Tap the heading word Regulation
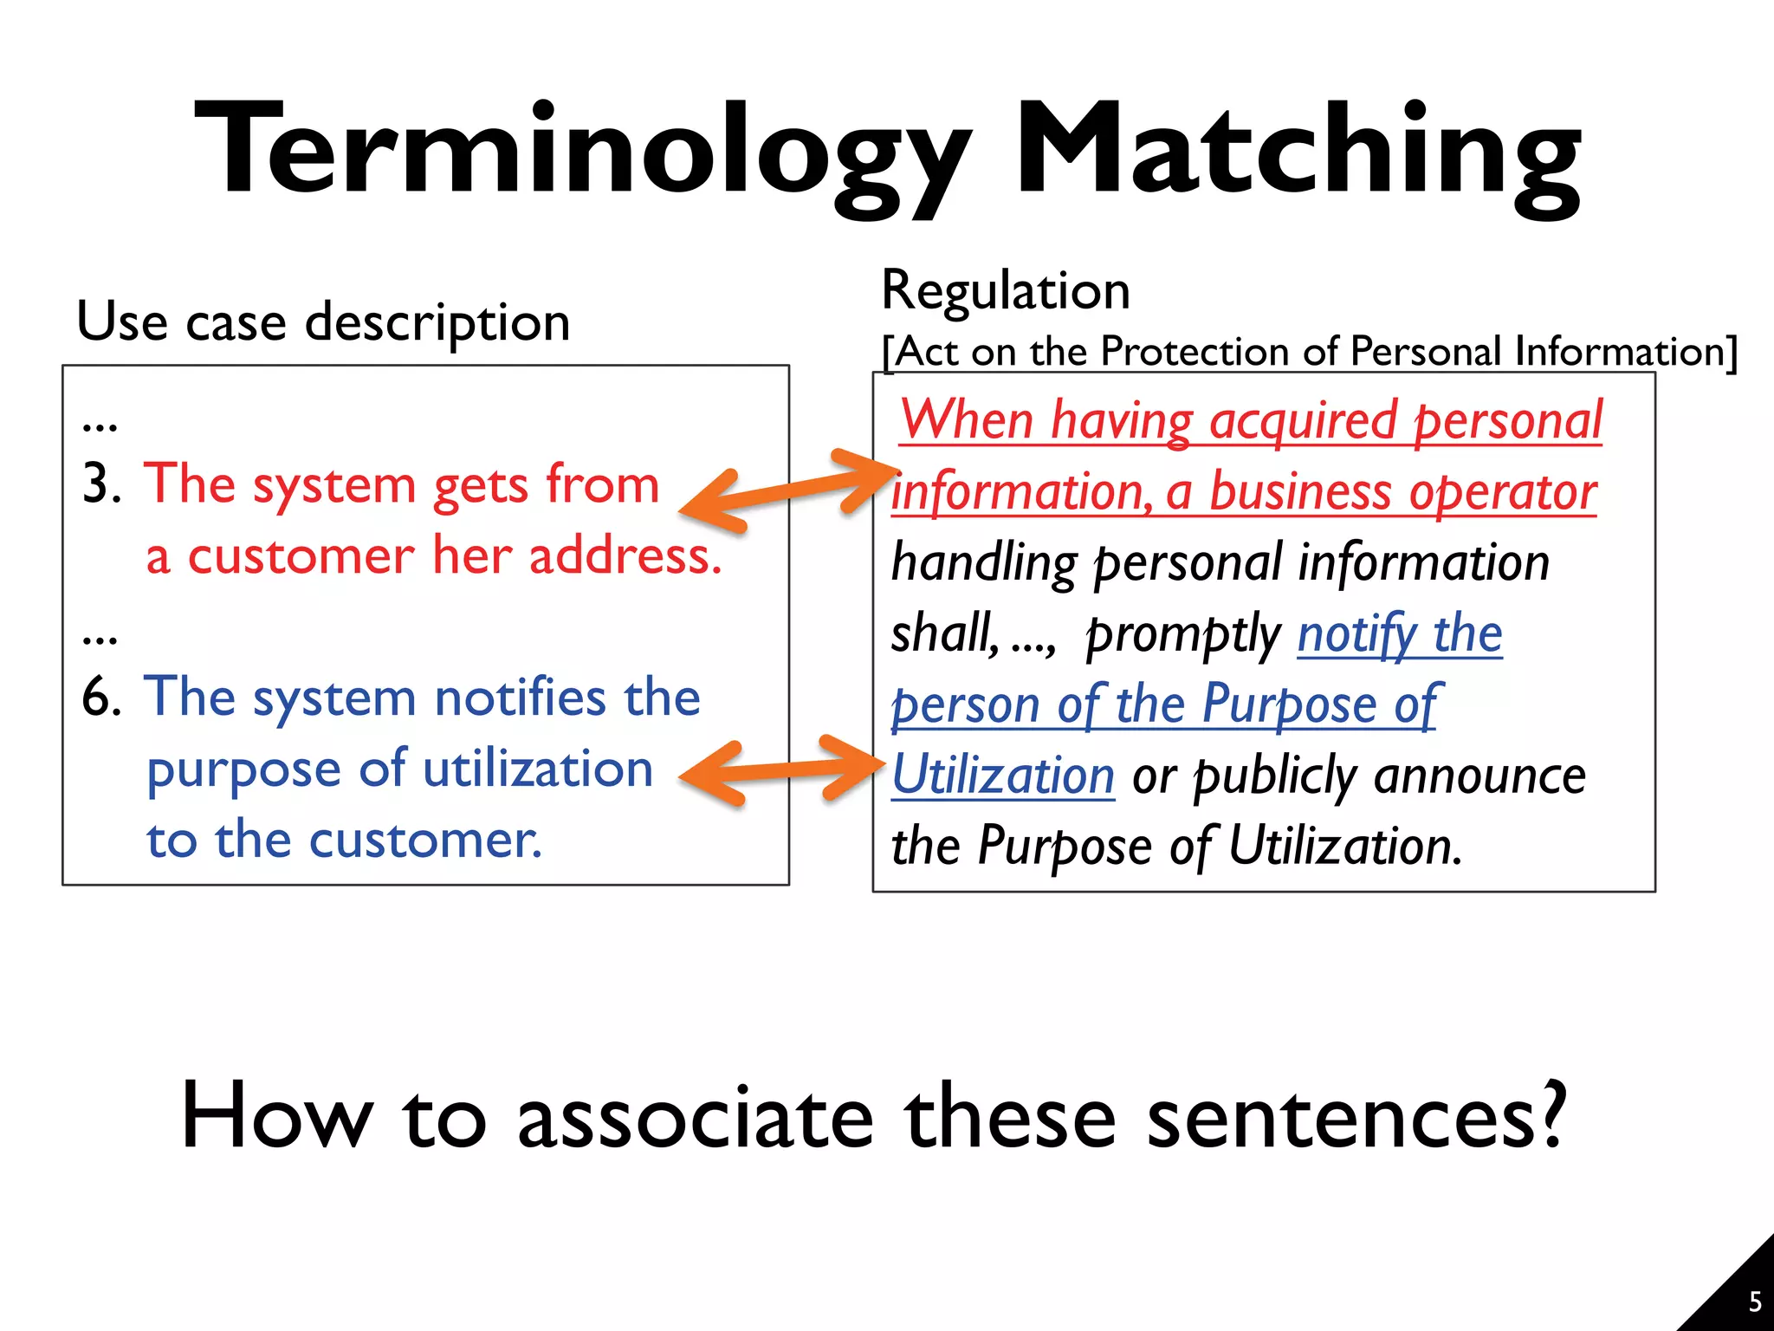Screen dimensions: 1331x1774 click(x=1005, y=290)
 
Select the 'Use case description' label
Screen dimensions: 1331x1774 click(x=323, y=322)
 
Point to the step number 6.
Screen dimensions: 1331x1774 click(x=100, y=697)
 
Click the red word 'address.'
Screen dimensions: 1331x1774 click(x=625, y=555)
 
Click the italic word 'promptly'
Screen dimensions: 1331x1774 click(x=1183, y=635)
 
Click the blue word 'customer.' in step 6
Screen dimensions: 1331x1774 click(x=424, y=841)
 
